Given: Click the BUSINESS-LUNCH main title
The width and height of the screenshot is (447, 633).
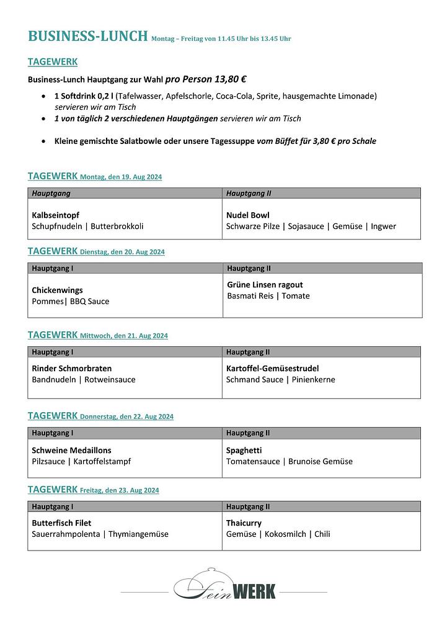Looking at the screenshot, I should (x=88, y=36).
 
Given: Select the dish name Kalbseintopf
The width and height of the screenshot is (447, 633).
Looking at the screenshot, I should (x=55, y=215).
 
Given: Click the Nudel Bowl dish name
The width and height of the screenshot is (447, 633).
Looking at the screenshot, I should (x=248, y=215).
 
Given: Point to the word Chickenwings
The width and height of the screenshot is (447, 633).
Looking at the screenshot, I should (x=57, y=290).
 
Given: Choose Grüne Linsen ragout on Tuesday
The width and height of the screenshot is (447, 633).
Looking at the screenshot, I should (x=265, y=285).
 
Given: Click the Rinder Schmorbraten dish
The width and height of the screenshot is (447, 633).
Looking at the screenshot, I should (x=71, y=368).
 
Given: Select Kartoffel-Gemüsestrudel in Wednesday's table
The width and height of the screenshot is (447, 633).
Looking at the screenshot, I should (x=272, y=368).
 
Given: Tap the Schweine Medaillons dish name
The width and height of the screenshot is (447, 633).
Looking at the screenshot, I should (x=71, y=450).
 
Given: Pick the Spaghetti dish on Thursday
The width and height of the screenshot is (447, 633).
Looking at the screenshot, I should (x=244, y=450).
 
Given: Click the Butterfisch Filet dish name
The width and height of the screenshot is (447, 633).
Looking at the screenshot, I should (x=61, y=523).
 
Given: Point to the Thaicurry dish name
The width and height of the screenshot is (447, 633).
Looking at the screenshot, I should (x=244, y=523).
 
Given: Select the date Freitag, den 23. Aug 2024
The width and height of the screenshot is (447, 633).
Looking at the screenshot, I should (x=119, y=490).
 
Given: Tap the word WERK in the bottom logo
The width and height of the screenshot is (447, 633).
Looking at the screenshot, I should (x=254, y=591).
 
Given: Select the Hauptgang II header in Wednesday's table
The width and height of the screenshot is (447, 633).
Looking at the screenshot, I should (x=248, y=352).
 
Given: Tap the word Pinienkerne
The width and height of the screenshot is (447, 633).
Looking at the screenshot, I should (x=313, y=379).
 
